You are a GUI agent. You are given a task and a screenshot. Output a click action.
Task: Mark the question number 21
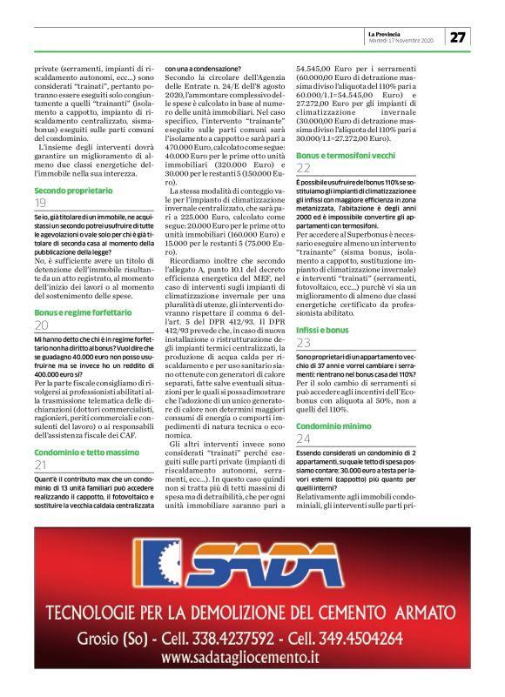(x=41, y=466)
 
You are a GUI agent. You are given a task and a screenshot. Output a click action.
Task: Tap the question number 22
(x=303, y=169)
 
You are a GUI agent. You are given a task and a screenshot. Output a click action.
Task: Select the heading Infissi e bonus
(x=323, y=305)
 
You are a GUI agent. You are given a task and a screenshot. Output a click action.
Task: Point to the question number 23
(x=303, y=319)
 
